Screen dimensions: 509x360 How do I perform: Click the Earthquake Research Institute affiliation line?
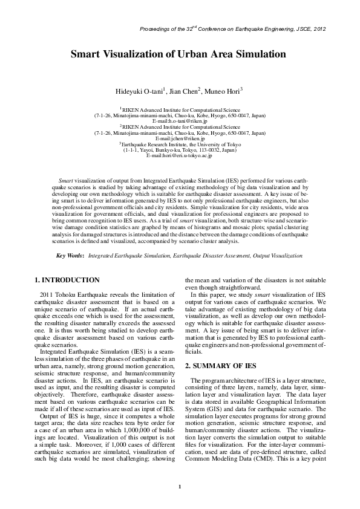click(180, 145)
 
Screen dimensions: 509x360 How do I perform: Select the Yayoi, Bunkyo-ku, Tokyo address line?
click(180, 151)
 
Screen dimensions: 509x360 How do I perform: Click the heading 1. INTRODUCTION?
click(67, 280)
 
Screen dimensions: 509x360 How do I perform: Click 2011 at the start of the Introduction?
click(47, 293)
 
